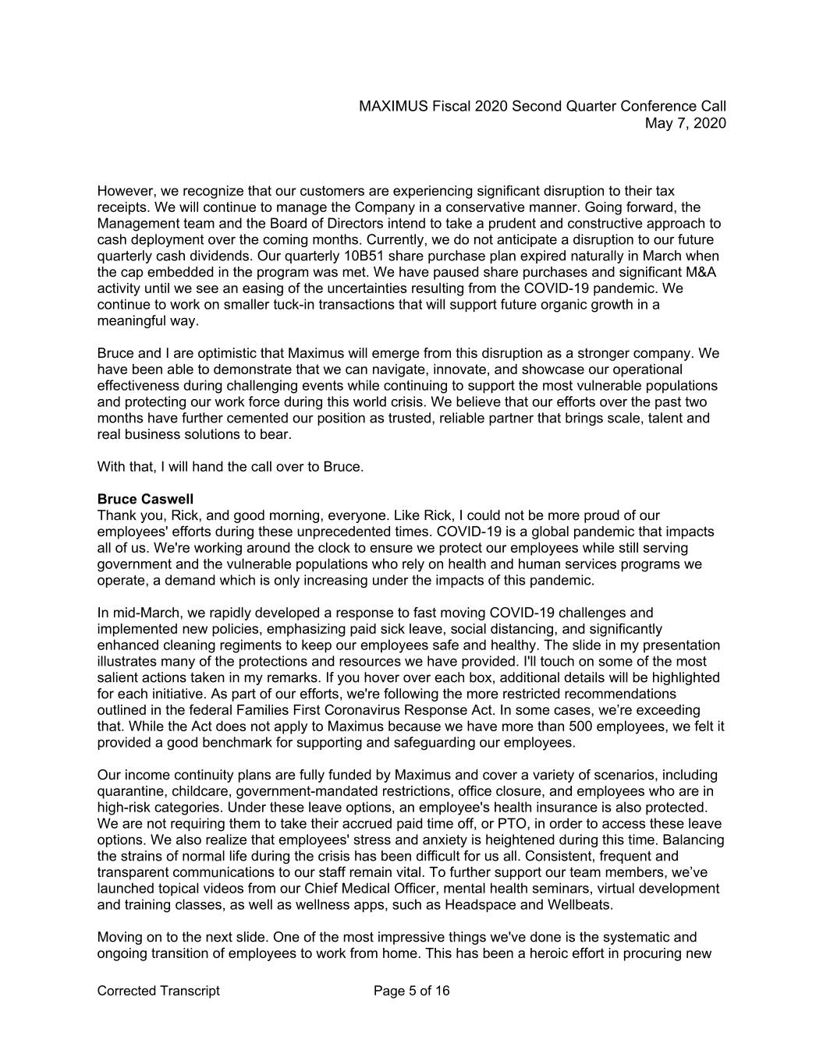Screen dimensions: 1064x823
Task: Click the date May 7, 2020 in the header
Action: point(686,123)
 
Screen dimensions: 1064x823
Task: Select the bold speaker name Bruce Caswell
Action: point(145,499)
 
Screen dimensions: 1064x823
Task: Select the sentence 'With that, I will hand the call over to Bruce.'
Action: point(230,467)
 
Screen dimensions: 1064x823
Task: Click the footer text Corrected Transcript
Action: point(158,991)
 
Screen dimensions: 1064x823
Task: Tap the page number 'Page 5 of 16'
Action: point(412,991)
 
